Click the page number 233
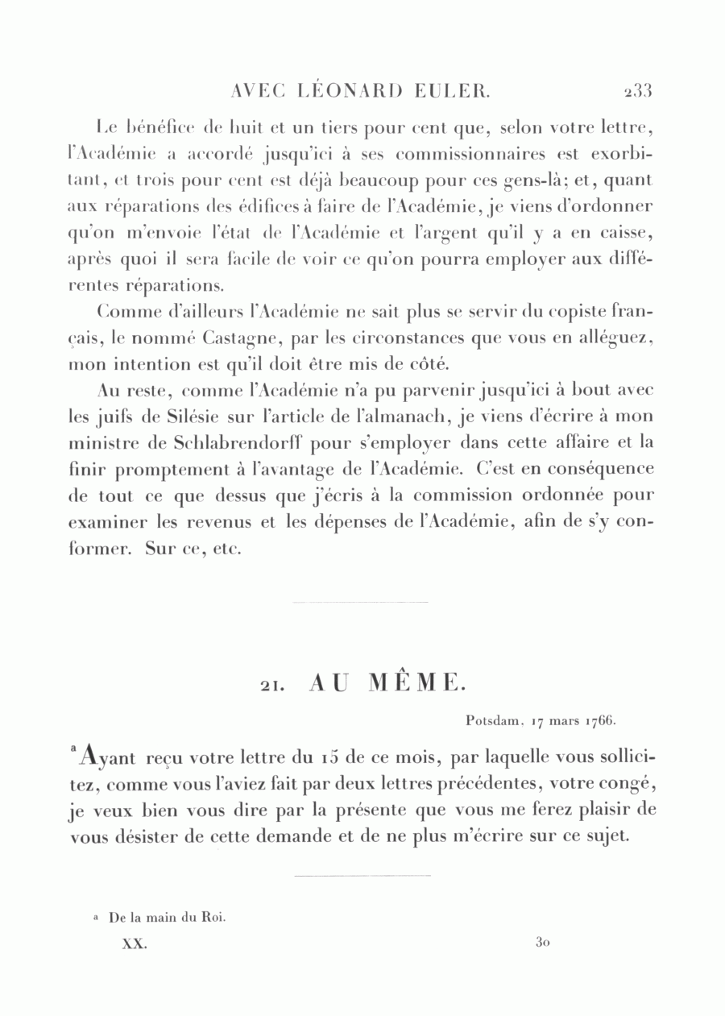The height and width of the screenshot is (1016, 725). point(636,90)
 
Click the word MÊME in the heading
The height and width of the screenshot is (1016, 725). point(417,684)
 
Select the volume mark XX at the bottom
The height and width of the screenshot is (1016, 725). point(133,943)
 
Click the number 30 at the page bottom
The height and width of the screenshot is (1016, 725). point(541,942)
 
